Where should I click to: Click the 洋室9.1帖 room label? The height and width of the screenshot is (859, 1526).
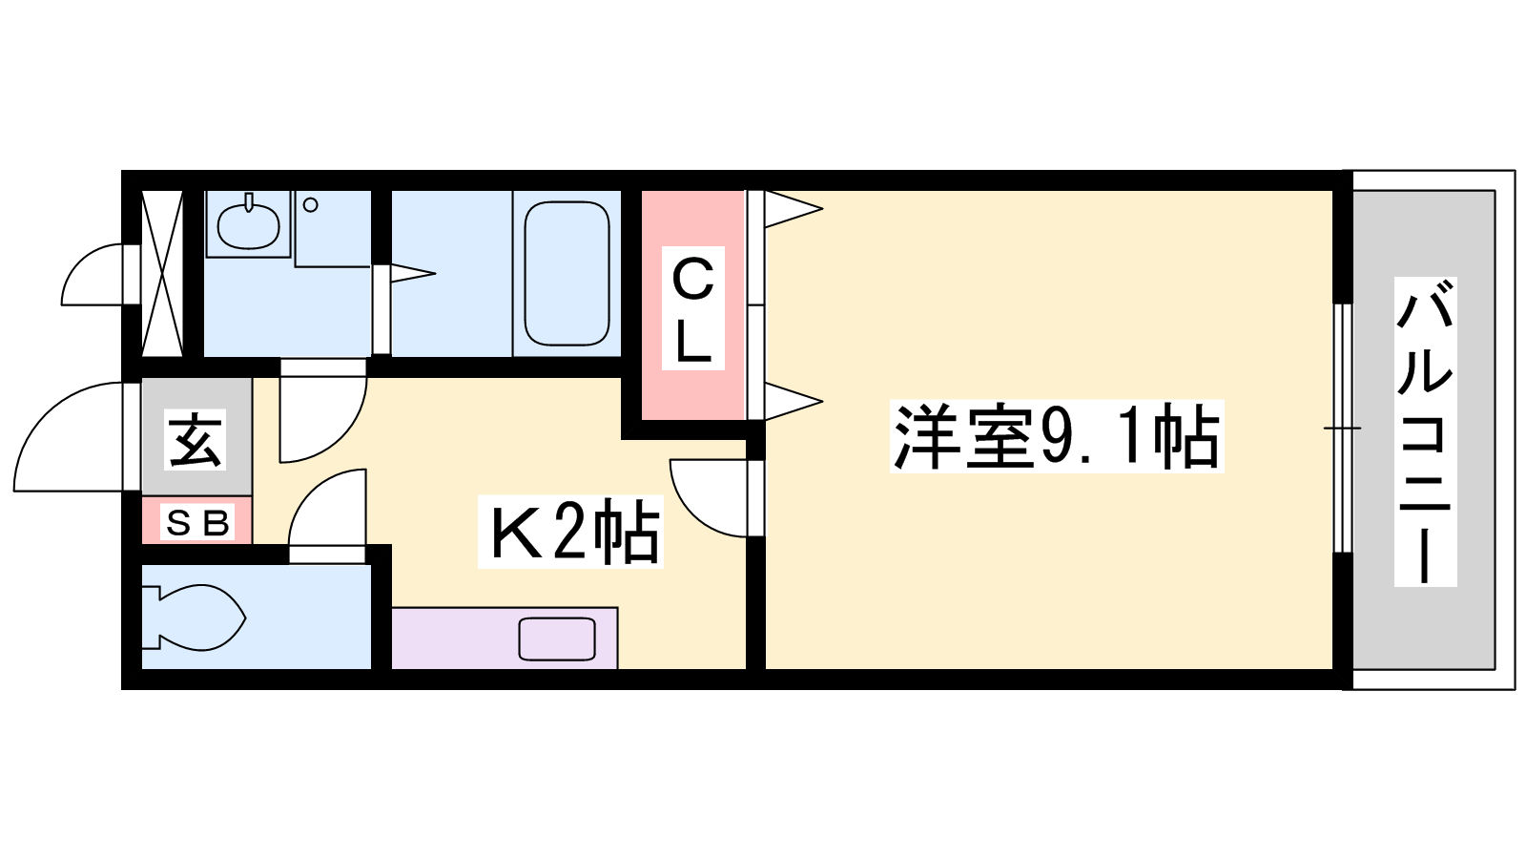(1057, 436)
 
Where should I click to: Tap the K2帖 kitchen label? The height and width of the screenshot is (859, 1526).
(571, 532)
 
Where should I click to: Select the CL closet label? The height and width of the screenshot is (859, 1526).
(692, 308)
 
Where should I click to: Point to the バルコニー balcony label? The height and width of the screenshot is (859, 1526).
(1425, 431)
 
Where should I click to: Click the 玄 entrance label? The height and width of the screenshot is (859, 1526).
(196, 440)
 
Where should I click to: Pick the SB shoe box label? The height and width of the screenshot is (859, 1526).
(196, 523)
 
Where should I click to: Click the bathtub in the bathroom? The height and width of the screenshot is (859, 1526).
(567, 273)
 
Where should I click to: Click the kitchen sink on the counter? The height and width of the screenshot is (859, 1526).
(557, 639)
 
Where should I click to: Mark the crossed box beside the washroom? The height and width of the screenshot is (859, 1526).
(162, 273)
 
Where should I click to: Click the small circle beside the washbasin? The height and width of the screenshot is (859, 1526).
(311, 204)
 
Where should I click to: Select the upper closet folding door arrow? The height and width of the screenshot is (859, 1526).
(793, 208)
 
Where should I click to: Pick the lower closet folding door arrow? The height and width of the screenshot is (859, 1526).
(793, 401)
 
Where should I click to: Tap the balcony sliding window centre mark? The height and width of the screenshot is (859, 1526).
(1342, 429)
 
